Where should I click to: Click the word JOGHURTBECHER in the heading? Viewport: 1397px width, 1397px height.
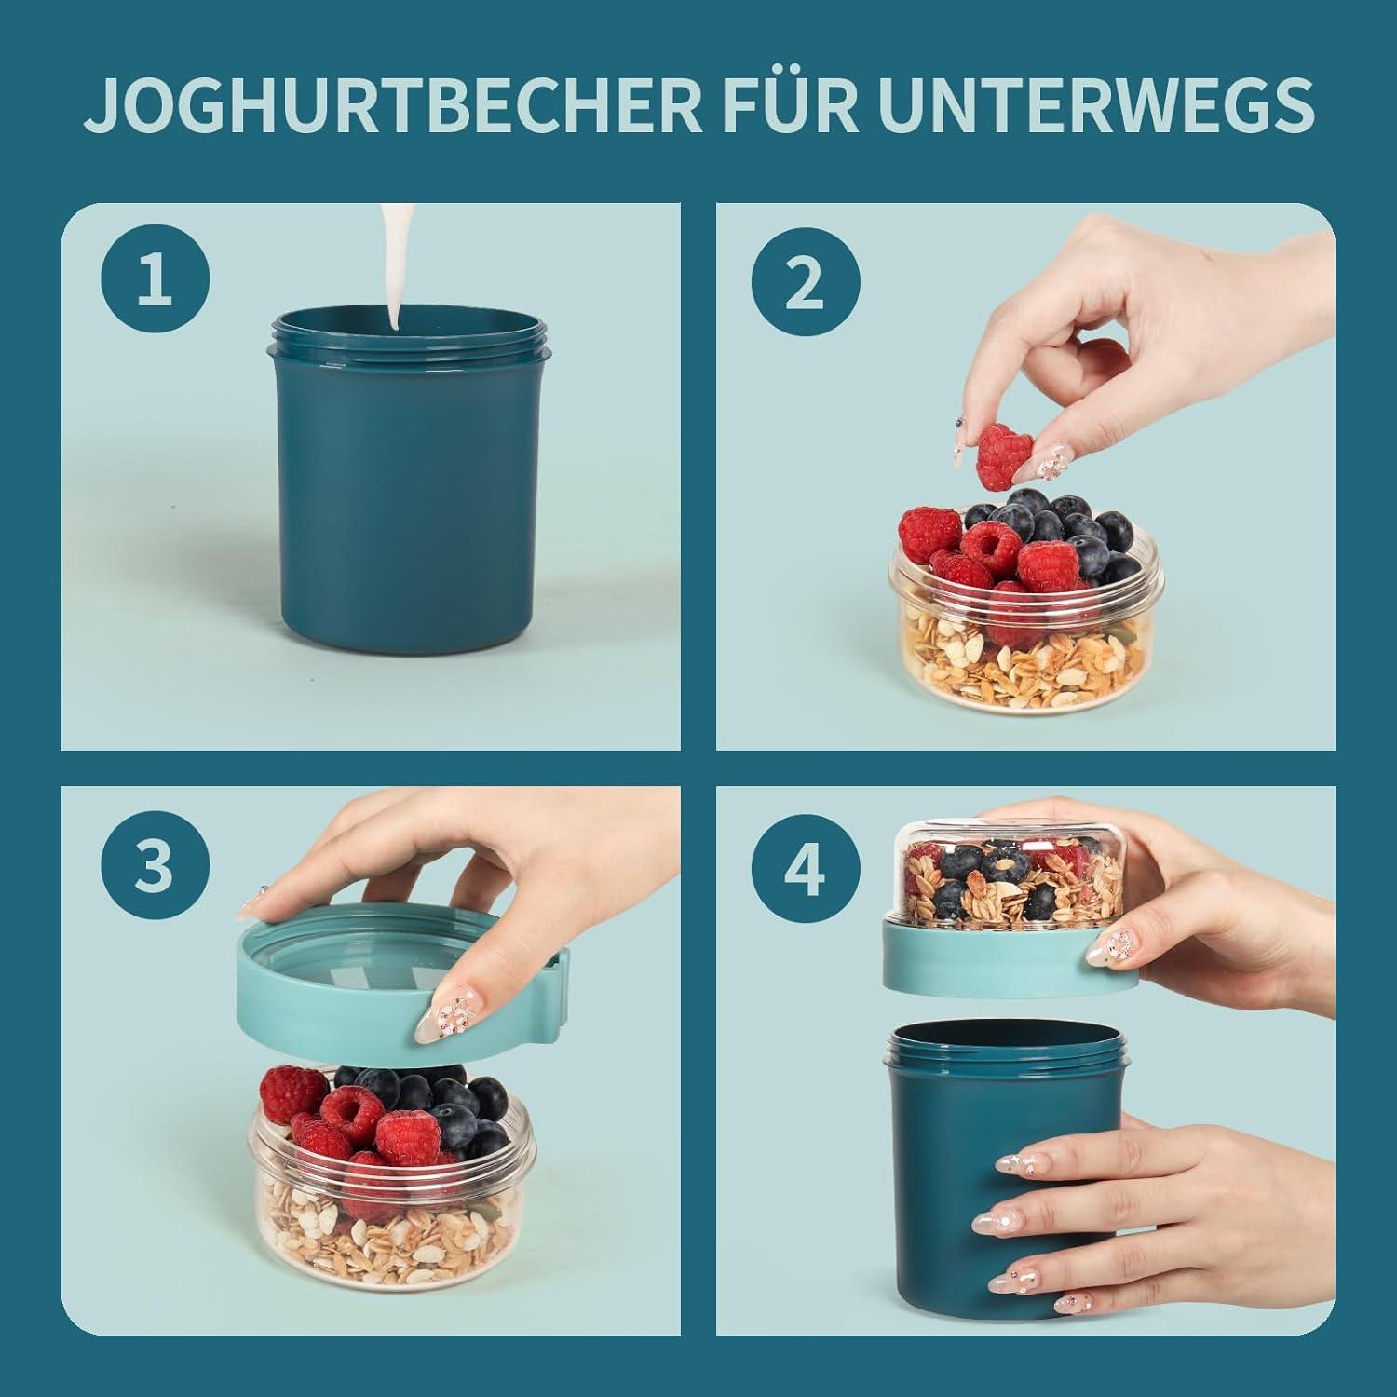coord(392,107)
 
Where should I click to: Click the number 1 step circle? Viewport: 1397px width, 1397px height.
coord(155,280)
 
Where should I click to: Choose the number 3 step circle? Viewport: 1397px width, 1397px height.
coord(154,865)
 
